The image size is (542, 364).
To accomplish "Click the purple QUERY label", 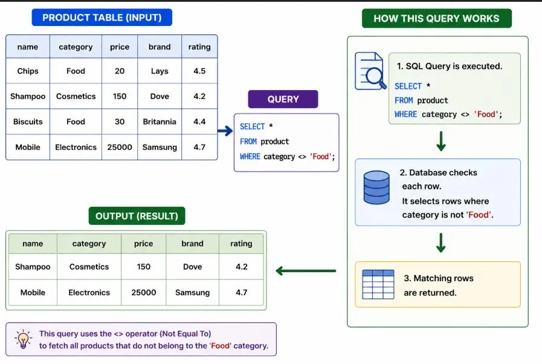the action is coord(283,99).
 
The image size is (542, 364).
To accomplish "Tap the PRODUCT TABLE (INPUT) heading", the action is coord(102,18).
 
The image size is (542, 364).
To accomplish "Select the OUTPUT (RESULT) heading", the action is coord(137,216).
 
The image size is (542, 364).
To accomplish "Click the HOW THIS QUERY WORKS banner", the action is coord(437,18).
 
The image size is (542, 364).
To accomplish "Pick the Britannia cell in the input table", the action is coord(160,122).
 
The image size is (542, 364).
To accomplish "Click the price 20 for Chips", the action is coord(120,71).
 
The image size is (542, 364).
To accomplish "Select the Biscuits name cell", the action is coord(28,122).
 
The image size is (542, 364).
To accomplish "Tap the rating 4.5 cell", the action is coord(199,71).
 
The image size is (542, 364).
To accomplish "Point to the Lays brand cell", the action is coord(160,71).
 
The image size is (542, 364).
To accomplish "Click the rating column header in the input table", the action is coord(199,47).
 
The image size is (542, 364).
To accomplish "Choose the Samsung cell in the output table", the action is coord(193,293).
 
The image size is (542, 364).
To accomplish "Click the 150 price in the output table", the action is coord(143,267).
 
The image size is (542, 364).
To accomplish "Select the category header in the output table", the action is coord(89,244).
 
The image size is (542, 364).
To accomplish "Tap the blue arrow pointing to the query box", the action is coord(225,131).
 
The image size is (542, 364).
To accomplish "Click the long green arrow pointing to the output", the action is coord(306,270).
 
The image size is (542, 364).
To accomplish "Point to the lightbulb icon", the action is coord(23,339).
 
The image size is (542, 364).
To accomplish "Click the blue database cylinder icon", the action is coord(376,187).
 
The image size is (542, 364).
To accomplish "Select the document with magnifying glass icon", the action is coord(370,71).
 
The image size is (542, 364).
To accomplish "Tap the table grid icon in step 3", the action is coord(378,284).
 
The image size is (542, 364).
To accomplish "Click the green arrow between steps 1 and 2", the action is coord(440,141).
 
